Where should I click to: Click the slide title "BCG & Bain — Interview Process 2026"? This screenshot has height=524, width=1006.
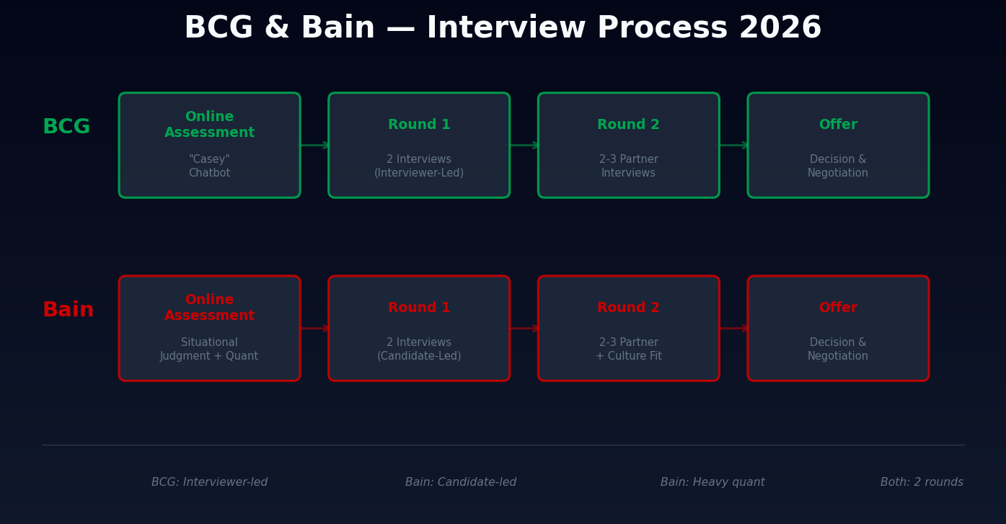[x=503, y=29]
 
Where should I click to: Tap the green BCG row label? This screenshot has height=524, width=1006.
[x=66, y=128]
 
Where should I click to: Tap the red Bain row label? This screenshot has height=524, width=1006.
[x=68, y=311]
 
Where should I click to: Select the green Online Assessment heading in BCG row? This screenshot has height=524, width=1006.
[x=209, y=125]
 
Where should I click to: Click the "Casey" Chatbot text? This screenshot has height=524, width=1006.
[x=209, y=166]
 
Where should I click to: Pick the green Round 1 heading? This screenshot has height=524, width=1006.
[x=419, y=125]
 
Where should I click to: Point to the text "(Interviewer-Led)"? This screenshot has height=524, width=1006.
[x=419, y=174]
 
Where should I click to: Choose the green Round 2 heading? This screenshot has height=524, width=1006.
[x=628, y=125]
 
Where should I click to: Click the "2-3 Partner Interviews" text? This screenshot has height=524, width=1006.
[x=628, y=166]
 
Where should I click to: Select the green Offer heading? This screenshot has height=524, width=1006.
[x=838, y=125]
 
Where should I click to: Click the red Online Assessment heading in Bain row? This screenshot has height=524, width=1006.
[x=209, y=308]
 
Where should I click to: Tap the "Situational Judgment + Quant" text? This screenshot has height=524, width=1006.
[x=209, y=350]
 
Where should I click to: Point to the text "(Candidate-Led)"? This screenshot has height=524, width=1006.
[x=419, y=357]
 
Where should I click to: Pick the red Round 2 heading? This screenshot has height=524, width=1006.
[x=628, y=308]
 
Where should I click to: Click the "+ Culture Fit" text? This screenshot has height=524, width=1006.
[x=628, y=357]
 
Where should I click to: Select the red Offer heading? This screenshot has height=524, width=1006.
[x=838, y=308]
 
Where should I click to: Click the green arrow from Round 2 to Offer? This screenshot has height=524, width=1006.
[x=733, y=146]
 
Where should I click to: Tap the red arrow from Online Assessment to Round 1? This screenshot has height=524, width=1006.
[x=314, y=329]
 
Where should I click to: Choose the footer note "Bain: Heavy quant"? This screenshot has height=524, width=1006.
[x=712, y=482]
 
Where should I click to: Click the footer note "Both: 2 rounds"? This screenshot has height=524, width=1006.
[x=922, y=482]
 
